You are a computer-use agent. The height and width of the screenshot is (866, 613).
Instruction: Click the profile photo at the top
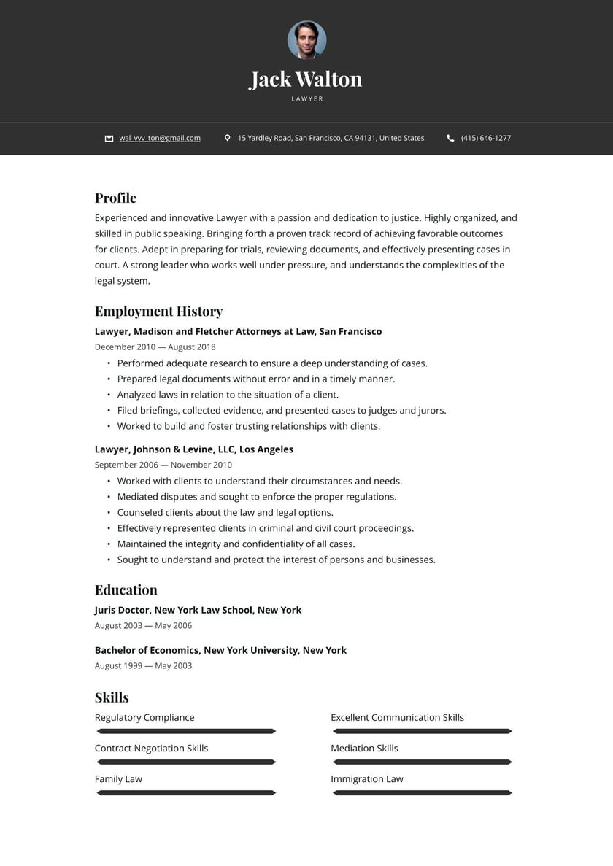[x=306, y=40]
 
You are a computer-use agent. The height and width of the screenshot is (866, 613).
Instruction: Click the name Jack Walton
[x=306, y=79]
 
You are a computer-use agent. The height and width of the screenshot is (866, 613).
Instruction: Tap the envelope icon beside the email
[x=109, y=138]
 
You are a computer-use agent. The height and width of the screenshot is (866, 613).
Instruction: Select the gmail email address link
[x=160, y=138]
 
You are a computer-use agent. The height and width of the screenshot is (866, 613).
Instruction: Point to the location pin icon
[x=227, y=138]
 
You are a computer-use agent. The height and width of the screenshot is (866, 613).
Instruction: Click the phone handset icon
[x=450, y=138]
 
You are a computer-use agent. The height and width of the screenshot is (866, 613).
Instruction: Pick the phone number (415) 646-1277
[x=486, y=138]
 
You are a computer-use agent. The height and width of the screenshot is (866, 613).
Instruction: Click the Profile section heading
[x=115, y=198]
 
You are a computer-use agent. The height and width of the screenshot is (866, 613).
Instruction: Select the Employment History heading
[x=158, y=312]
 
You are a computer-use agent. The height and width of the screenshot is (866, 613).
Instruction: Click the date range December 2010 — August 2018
[x=155, y=347]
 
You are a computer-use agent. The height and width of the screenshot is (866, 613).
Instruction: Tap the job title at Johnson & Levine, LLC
[x=193, y=449]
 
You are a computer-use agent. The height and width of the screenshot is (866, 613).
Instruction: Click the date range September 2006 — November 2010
[x=163, y=465]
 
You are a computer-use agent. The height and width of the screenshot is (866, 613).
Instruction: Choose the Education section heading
[x=126, y=589]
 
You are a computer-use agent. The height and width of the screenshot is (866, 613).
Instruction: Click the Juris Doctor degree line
[x=198, y=610]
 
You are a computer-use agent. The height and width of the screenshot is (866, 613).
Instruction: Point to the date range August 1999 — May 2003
[x=143, y=665]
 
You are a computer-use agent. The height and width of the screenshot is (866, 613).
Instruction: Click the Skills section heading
[x=112, y=697]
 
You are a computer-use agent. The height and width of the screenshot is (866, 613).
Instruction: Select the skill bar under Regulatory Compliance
[x=186, y=731]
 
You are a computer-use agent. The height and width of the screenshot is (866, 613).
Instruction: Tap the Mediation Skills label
[x=364, y=748]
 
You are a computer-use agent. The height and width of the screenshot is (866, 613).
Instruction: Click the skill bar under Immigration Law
[x=423, y=792]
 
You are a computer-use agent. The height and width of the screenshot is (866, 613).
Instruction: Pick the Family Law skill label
[x=118, y=779]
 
